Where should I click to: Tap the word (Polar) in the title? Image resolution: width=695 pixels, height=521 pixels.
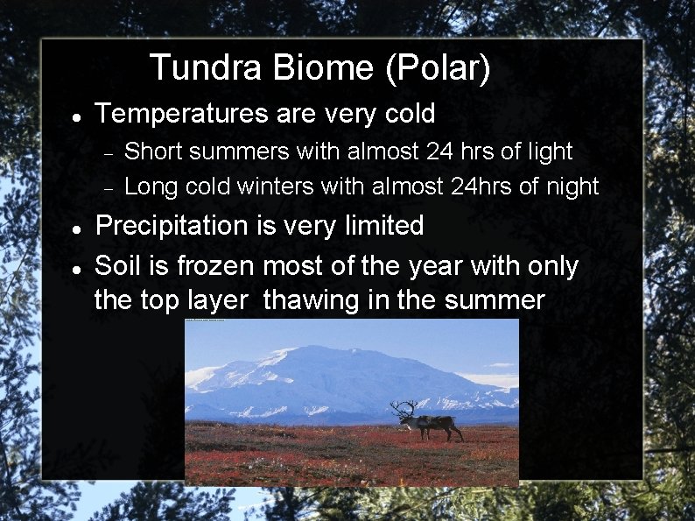pos(438,68)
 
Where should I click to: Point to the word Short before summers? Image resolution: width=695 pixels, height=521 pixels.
pos(155,151)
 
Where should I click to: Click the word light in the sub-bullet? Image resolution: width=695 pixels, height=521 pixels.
pos(548,151)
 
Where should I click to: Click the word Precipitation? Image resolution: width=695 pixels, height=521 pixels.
pos(172,226)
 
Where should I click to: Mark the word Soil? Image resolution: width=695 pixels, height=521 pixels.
pos(117,265)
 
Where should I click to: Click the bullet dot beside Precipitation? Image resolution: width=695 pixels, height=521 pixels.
pos(77,229)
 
